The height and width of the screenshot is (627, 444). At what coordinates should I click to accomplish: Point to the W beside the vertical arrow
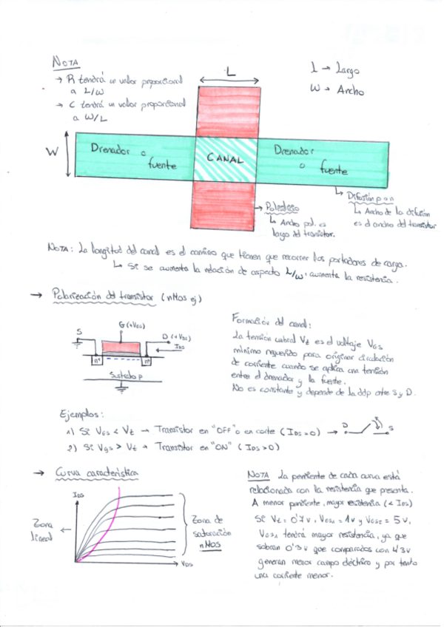(x=52, y=152)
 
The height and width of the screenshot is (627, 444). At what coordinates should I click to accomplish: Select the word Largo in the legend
(x=346, y=71)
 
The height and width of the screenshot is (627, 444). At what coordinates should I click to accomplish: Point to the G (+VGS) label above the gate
(x=132, y=325)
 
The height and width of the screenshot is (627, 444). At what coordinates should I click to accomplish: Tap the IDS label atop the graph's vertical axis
(x=78, y=494)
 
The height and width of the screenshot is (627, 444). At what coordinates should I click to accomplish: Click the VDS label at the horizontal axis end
(x=187, y=564)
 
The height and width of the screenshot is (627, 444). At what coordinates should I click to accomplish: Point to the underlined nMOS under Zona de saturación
(x=212, y=545)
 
